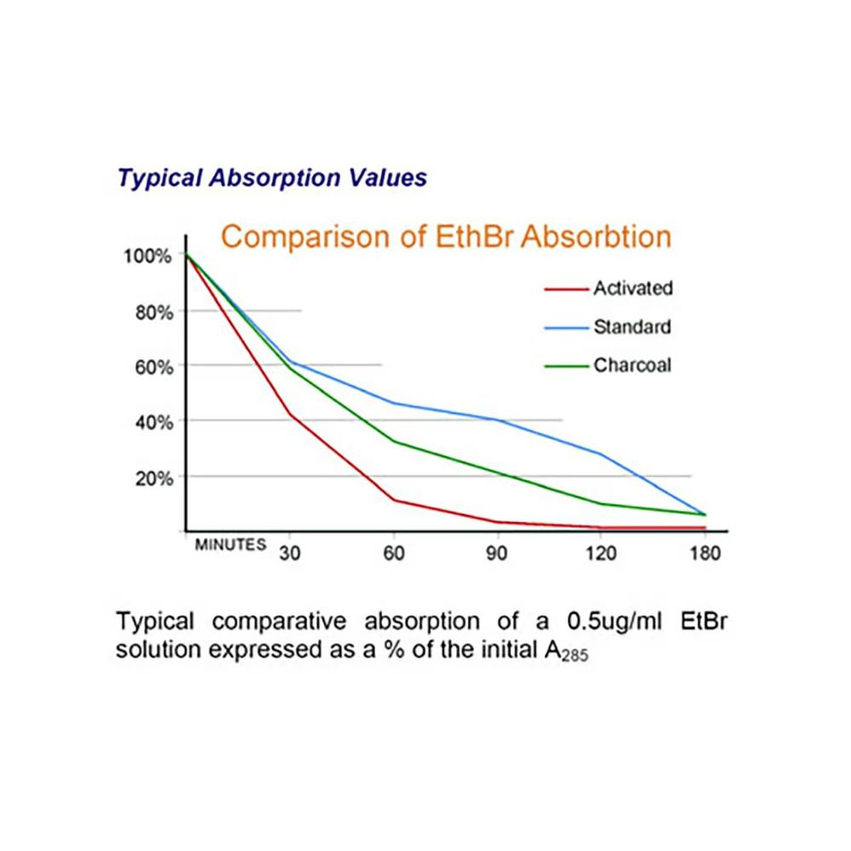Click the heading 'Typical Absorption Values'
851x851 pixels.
(x=272, y=178)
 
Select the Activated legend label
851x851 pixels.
(x=633, y=288)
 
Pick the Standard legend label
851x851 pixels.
(x=632, y=327)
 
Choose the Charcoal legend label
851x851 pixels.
(x=632, y=366)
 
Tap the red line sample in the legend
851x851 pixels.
(x=566, y=289)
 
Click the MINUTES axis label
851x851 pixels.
(x=230, y=546)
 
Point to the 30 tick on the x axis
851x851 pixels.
(x=289, y=552)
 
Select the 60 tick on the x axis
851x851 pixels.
(x=393, y=552)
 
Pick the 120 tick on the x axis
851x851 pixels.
(x=600, y=552)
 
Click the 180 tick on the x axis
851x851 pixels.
(x=704, y=552)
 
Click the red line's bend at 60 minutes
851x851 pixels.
(x=393, y=500)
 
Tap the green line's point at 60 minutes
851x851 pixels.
(x=393, y=441)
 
